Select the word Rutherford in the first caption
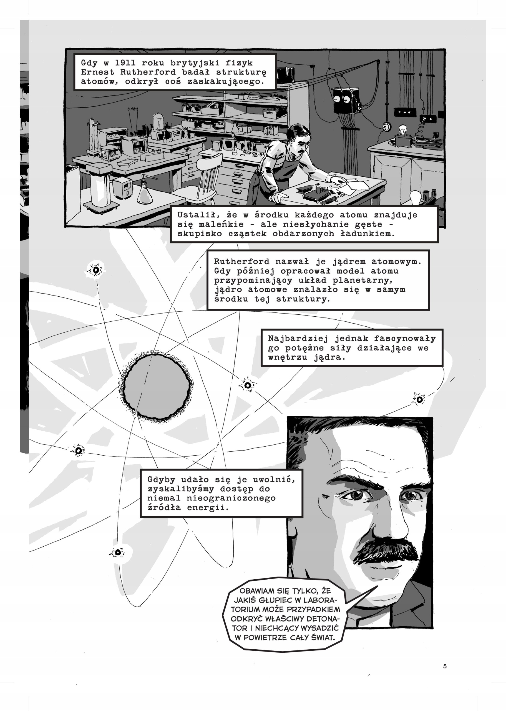pyautogui.click(x=148, y=72)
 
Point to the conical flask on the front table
pyautogui.click(x=145, y=193)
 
